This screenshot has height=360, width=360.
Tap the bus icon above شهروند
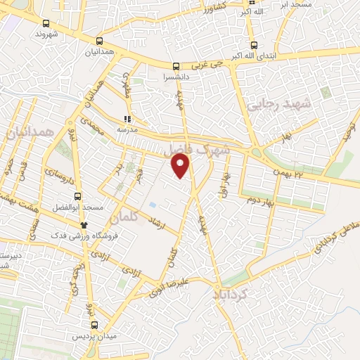click(x=46, y=22)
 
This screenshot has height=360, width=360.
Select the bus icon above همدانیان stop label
click(x=99, y=41)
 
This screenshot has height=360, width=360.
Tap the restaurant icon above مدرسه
click(x=127, y=120)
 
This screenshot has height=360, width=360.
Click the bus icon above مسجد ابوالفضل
click(x=78, y=197)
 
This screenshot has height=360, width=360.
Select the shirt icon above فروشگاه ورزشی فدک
click(x=84, y=224)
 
